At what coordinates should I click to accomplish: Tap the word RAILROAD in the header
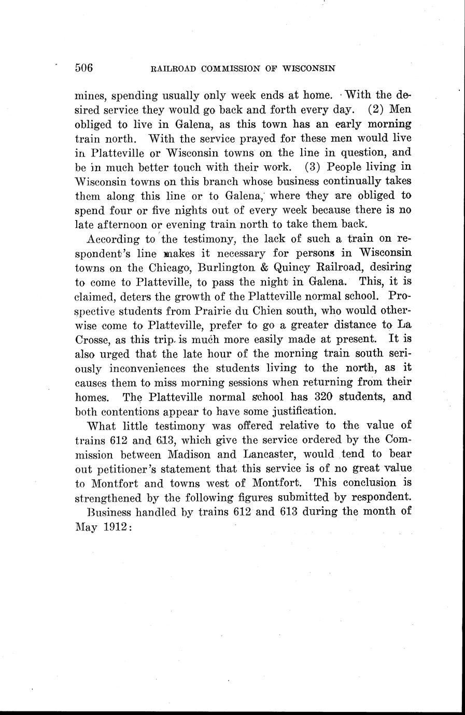173,68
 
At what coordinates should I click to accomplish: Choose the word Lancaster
266,454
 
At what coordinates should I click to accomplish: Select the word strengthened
107,497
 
